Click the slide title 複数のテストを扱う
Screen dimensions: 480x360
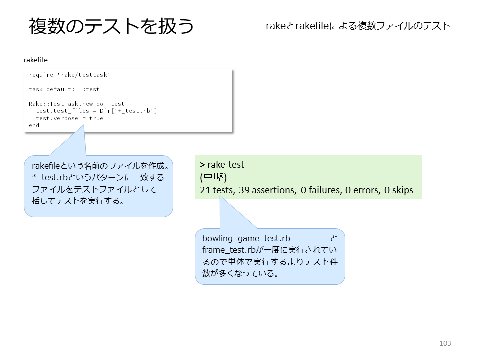111,26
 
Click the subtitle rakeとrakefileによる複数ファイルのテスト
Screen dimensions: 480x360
358,26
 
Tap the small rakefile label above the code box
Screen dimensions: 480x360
36,60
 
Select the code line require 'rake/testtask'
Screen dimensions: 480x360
70,75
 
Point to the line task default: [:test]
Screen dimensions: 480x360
66,89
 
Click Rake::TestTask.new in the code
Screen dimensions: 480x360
61,104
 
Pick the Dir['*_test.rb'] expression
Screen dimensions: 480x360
128,111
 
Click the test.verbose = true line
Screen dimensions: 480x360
69,118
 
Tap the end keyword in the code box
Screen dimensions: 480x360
34,125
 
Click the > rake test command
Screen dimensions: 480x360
222,165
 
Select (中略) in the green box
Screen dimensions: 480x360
213,177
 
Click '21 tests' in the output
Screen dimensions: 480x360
217,190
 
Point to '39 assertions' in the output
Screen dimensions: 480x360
267,190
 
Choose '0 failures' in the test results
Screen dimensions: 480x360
321,190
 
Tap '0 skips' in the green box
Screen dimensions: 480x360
399,190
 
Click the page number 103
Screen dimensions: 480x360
445,343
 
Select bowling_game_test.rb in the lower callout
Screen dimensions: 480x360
246,239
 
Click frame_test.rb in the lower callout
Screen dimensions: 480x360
229,250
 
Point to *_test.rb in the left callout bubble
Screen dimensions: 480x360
50,178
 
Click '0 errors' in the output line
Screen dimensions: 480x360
363,190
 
